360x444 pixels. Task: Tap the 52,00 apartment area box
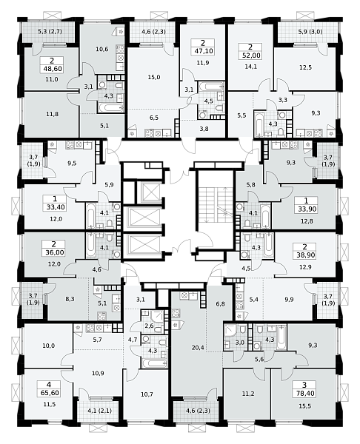250,51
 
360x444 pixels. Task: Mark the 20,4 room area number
198,348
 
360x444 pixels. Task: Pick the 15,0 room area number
154,77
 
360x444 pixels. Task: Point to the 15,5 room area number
304,406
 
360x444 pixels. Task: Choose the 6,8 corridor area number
220,304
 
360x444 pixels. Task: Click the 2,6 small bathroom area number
149,326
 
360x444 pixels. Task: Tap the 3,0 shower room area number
240,343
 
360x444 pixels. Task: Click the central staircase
216,205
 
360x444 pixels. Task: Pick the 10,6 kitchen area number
102,50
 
